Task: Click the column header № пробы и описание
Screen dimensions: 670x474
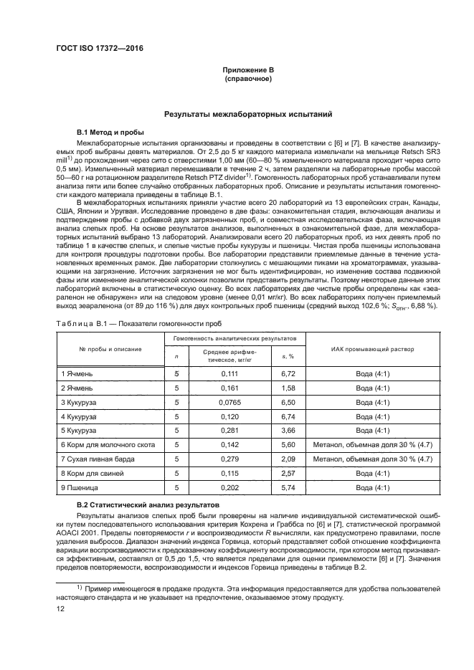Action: (x=110, y=349)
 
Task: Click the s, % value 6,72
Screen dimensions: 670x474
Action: (x=288, y=373)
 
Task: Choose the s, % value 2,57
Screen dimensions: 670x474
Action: (x=288, y=473)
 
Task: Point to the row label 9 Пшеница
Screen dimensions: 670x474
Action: (x=81, y=487)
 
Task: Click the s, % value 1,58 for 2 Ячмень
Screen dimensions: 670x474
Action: (x=288, y=388)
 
